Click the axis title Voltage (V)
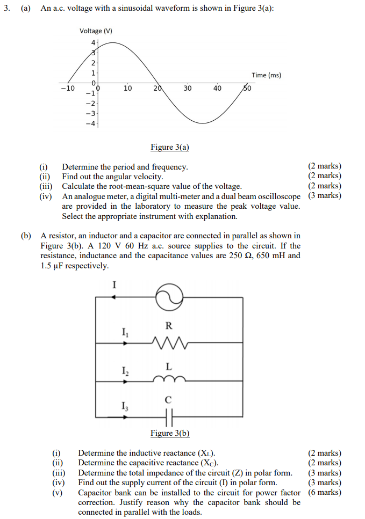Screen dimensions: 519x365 96,31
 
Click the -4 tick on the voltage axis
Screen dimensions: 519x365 91,124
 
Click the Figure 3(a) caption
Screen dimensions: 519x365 170,147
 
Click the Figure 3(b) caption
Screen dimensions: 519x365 170,433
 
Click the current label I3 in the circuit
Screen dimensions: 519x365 125,404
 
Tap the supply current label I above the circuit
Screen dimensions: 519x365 114,285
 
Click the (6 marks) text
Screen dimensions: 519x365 324,493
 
